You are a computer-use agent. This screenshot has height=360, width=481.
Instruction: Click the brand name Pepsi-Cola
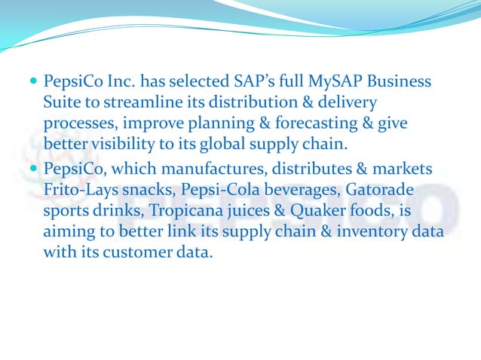(214, 188)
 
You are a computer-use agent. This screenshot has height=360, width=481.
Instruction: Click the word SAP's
(239, 81)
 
